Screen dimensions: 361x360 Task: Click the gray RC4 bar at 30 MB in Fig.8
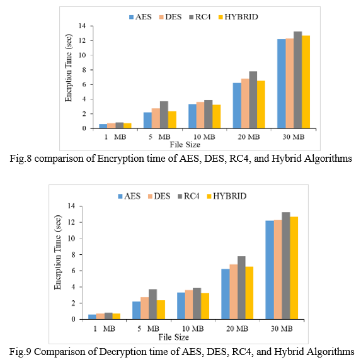pyautogui.click(x=298, y=80)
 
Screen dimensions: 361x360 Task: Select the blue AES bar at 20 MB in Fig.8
pyautogui.click(x=237, y=106)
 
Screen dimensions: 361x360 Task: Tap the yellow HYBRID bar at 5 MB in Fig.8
pyautogui.click(x=172, y=120)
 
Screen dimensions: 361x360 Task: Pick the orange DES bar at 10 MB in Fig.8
pyautogui.click(x=200, y=115)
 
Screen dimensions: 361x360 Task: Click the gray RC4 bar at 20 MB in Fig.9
pyautogui.click(x=241, y=288)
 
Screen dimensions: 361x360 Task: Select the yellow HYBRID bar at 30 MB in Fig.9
pyautogui.click(x=294, y=267)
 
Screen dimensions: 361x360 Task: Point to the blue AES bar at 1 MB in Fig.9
pyautogui.click(x=93, y=317)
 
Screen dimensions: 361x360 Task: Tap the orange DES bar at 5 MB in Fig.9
pyautogui.click(x=144, y=308)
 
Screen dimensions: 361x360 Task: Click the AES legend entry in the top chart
pyautogui.click(x=140, y=17)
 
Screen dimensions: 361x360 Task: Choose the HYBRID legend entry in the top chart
pyautogui.click(x=238, y=17)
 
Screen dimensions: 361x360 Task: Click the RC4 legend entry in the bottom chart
pyautogui.click(x=188, y=196)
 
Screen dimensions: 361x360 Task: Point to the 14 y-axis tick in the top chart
pyautogui.click(x=83, y=26)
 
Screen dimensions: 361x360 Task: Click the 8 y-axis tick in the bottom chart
pyautogui.click(x=73, y=255)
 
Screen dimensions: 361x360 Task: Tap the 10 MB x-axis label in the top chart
pyautogui.click(x=204, y=137)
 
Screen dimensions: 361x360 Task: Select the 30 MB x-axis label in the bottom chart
pyautogui.click(x=282, y=329)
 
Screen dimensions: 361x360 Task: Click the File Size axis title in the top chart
pyautogui.click(x=185, y=145)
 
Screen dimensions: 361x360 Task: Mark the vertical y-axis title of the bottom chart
pyautogui.click(x=57, y=252)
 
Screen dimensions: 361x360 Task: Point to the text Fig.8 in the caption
pyautogui.click(x=21, y=159)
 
